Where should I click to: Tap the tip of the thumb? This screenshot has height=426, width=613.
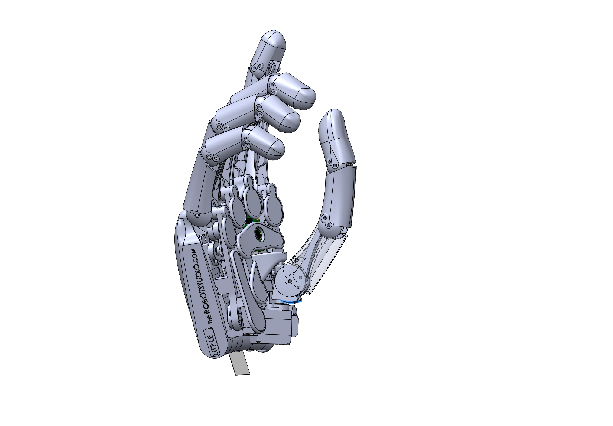(332, 116)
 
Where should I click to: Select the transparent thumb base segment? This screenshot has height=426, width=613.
(320, 260)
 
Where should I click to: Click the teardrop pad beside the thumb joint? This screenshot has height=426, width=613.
(260, 281)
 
